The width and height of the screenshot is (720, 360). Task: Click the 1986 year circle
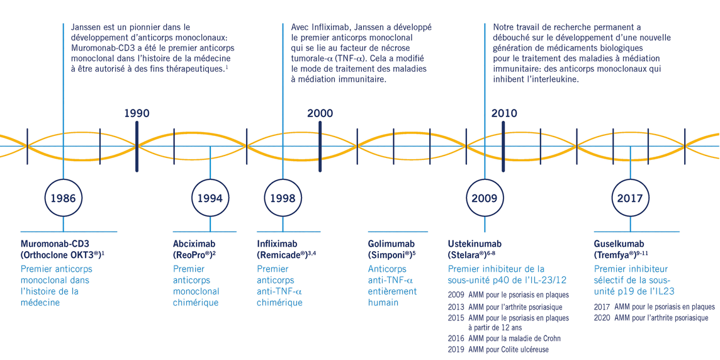(63, 198)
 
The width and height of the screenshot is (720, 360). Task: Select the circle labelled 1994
(210, 198)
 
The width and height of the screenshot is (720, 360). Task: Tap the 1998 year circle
(283, 198)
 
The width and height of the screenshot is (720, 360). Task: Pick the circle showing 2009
(485, 198)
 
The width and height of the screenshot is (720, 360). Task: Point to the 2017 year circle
(630, 198)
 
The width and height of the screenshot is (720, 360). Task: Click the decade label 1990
(137, 113)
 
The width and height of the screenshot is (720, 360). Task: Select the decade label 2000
(320, 113)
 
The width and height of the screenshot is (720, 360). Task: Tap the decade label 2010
(504, 113)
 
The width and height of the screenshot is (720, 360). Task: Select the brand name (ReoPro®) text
(193, 255)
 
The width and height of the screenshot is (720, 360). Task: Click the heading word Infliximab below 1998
(277, 244)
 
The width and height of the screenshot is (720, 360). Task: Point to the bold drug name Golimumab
(391, 244)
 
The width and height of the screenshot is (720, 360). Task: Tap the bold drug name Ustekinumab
(475, 244)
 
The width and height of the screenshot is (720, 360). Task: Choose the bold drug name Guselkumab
(619, 244)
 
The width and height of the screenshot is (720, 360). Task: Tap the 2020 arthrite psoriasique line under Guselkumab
(651, 318)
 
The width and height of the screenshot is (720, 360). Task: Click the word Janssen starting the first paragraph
(87, 28)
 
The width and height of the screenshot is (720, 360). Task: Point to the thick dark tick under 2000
(320, 146)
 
